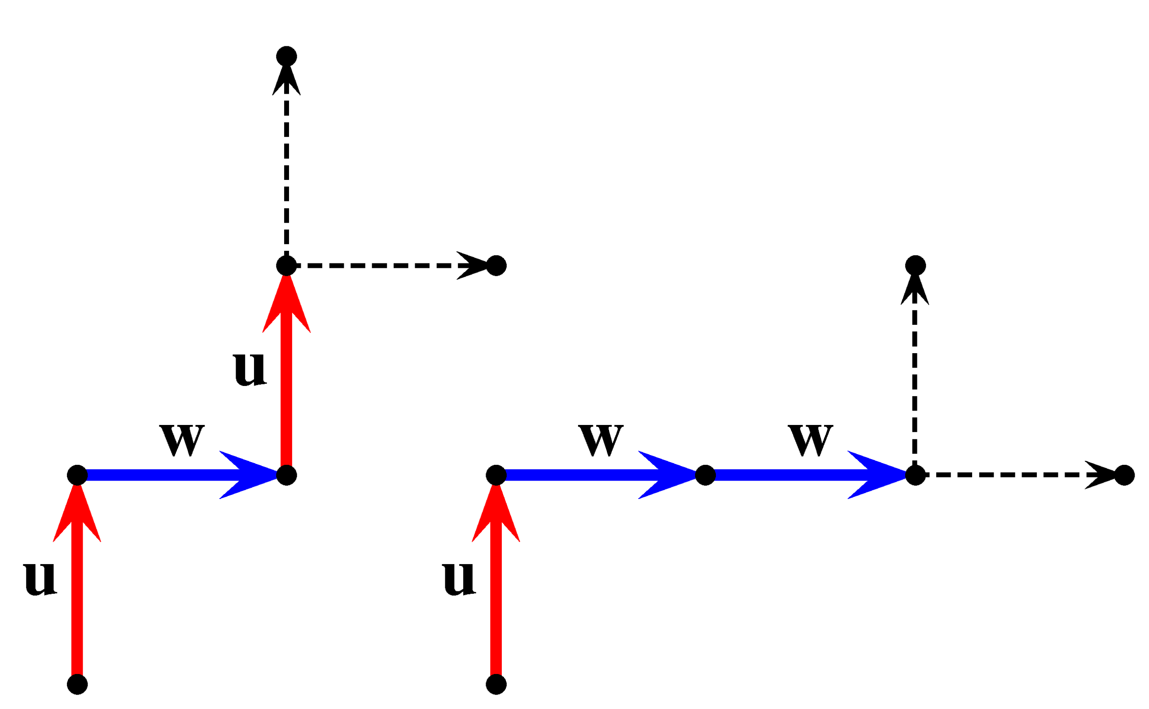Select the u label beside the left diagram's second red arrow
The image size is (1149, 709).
pos(250,368)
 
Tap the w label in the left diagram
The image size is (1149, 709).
pos(182,440)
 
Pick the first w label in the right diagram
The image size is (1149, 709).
pos(601,440)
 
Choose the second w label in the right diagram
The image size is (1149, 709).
pos(811,440)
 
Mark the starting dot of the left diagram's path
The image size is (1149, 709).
pos(77,684)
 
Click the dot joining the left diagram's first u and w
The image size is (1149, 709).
pos(77,475)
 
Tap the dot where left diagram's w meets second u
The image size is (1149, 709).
pos(286,475)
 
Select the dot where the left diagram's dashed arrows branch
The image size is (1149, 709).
pos(286,266)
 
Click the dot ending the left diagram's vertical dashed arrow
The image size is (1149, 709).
pos(286,57)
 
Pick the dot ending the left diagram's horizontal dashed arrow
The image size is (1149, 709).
pos(496,266)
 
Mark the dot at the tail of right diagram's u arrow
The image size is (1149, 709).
pos(496,684)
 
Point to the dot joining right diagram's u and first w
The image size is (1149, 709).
pos(496,475)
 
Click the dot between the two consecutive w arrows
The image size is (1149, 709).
pos(706,475)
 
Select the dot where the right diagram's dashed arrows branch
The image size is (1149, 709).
pos(916,475)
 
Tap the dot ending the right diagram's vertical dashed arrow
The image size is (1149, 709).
pos(916,266)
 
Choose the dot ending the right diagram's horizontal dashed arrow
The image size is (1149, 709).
pos(1124,475)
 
